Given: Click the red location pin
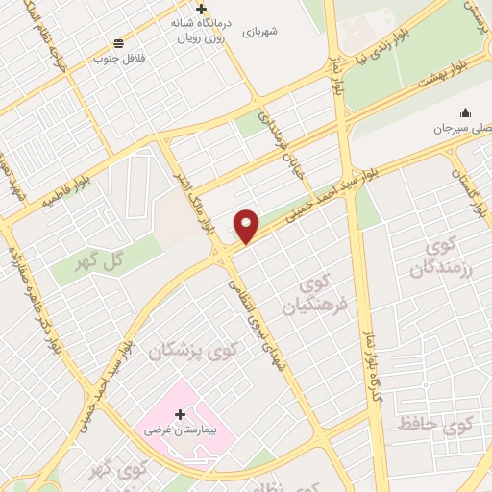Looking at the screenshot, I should pyautogui.click(x=247, y=226).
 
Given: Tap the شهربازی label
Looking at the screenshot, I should pyautogui.click(x=259, y=32).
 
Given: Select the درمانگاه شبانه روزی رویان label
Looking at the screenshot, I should pyautogui.click(x=201, y=32).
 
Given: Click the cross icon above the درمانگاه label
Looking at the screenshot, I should pyautogui.click(x=201, y=9).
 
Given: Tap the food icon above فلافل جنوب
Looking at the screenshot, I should pyautogui.click(x=118, y=42).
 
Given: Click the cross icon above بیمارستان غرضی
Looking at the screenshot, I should pyautogui.click(x=181, y=415).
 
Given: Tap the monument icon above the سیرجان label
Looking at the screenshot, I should pyautogui.click(x=465, y=112).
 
